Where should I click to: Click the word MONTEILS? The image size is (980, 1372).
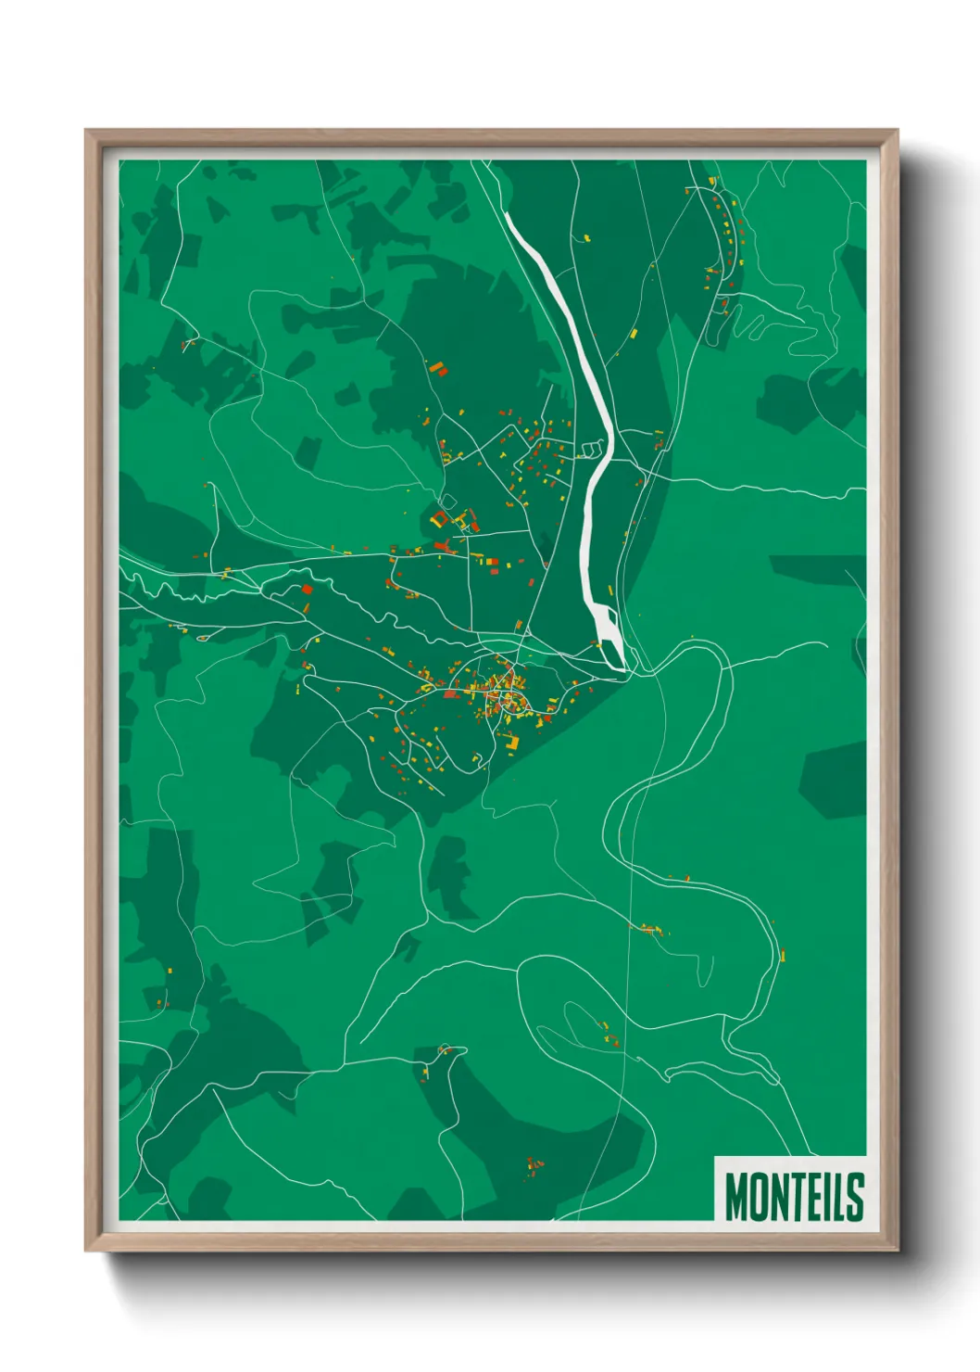tap(794, 1197)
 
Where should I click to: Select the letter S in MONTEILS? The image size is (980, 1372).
tap(855, 1197)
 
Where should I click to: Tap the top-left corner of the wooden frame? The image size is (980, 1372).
tap(88, 133)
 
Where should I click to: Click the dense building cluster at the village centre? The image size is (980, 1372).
tap(505, 691)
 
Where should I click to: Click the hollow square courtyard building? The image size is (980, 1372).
tap(439, 519)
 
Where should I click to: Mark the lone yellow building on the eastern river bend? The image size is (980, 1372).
tap(782, 954)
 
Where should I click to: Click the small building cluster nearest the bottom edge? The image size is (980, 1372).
tap(534, 1165)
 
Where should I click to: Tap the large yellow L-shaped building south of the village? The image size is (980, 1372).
tap(512, 742)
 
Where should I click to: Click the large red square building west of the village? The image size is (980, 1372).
tap(307, 589)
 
